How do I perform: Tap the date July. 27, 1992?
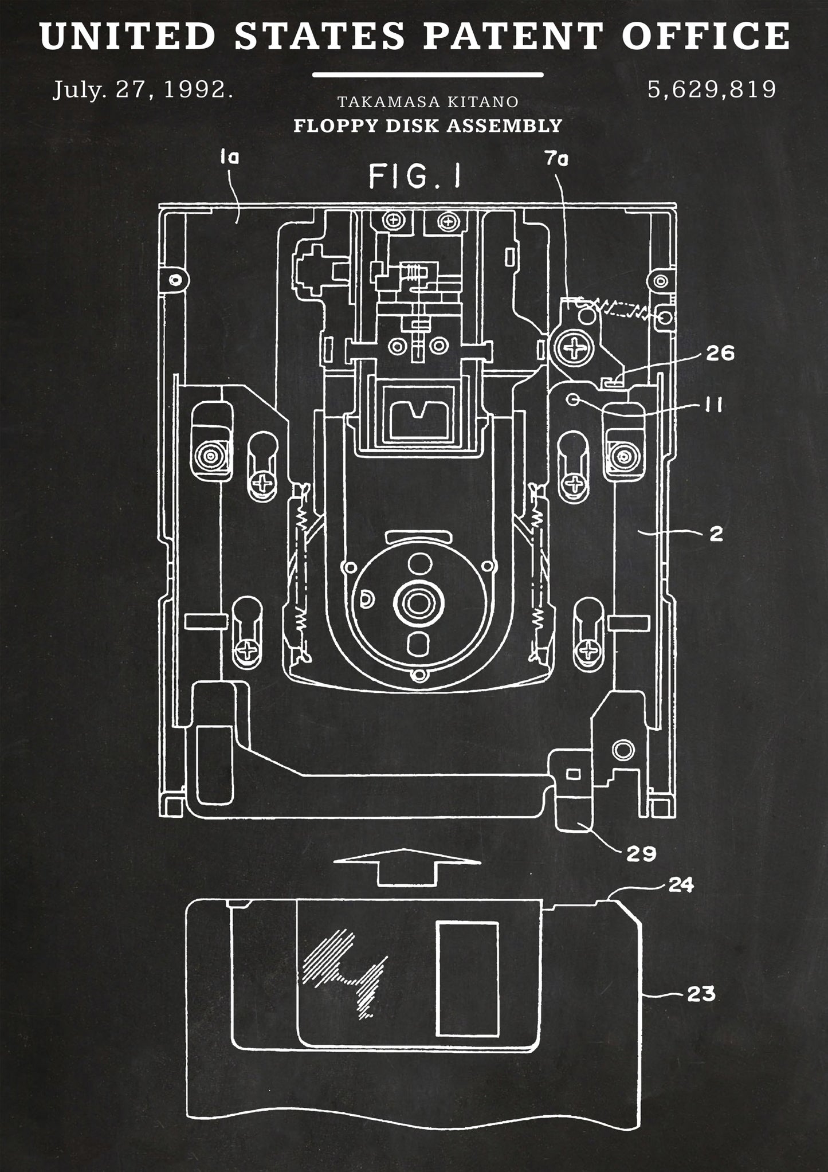[x=143, y=91]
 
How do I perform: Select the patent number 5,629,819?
[x=712, y=89]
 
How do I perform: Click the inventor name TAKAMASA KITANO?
[x=428, y=102]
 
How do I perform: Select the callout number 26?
[x=720, y=354]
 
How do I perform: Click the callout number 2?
[x=716, y=534]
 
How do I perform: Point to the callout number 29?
[x=641, y=853]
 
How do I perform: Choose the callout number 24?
[x=681, y=885]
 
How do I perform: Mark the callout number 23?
[x=701, y=993]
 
